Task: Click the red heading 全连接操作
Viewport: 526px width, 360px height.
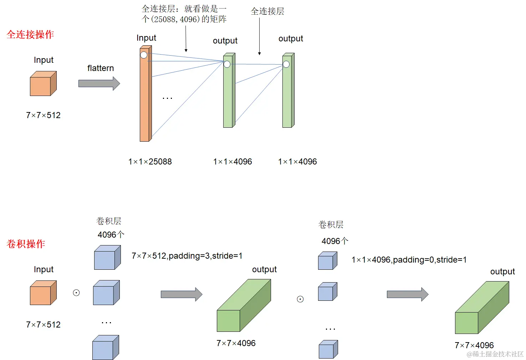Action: point(30,35)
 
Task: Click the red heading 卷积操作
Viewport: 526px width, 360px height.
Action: point(26,244)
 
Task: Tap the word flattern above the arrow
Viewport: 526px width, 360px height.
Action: point(101,68)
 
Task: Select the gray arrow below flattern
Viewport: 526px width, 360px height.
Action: point(99,83)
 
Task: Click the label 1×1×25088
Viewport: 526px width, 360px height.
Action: point(150,162)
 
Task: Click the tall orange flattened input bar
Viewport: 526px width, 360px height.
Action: point(145,100)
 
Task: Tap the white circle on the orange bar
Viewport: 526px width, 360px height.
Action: point(144,55)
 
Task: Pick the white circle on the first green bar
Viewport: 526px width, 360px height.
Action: point(227,64)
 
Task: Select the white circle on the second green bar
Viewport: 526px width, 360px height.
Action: point(286,64)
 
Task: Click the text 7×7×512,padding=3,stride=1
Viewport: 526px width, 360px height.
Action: point(187,256)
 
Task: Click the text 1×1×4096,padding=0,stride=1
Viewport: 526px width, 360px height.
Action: point(409,260)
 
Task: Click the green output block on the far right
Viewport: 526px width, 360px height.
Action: point(481,309)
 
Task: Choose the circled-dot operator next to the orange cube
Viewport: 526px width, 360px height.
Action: point(76,293)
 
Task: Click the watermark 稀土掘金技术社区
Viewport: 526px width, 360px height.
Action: point(496,354)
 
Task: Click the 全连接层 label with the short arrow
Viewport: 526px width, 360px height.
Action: point(267,11)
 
